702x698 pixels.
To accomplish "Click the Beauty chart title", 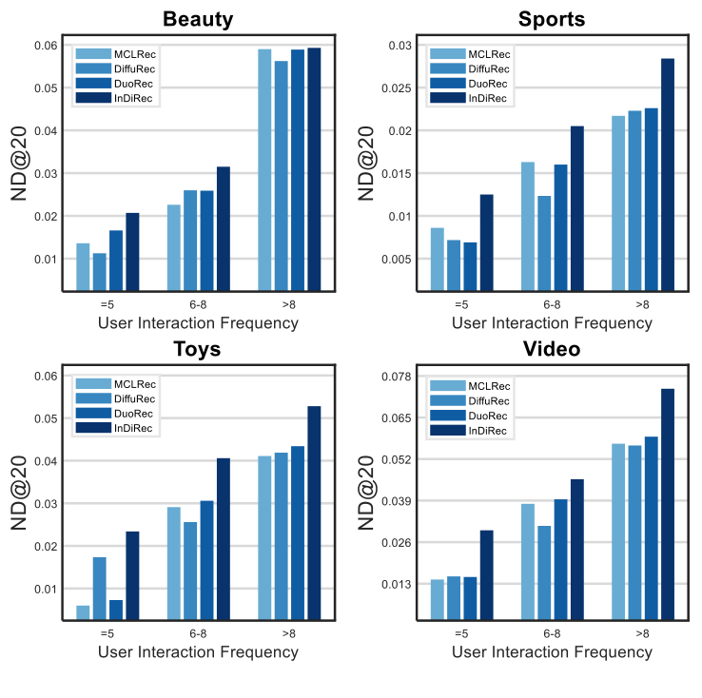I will [198, 19].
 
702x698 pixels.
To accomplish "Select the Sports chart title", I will [552, 19].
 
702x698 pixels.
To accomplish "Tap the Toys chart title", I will [198, 348].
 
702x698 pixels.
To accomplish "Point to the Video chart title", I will [552, 348].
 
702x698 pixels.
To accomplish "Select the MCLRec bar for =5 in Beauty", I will [83, 266].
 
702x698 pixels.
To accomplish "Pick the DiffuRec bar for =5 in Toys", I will [99, 588].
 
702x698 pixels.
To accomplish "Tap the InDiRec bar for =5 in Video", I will [486, 574].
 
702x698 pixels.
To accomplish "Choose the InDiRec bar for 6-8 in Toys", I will [224, 538].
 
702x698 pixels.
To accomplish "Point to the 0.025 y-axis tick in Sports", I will [396, 88].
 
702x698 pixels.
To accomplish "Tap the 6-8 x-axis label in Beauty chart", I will [198, 304].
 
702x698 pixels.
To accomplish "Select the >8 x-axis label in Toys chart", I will [289, 633].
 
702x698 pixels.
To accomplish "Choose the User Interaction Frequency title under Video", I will [552, 652].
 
